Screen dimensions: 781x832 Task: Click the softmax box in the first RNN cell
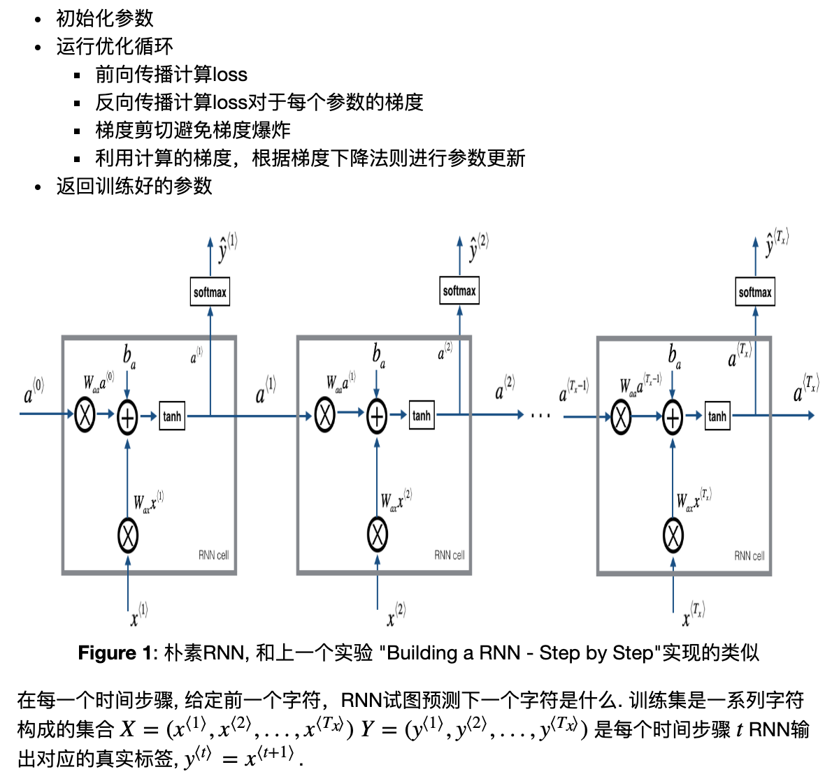(210, 292)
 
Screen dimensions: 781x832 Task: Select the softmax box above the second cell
(459, 291)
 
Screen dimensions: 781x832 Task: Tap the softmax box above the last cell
(755, 292)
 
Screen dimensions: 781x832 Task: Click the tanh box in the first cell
(172, 416)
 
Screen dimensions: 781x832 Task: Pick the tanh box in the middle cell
(422, 416)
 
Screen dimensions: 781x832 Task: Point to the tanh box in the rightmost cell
(717, 416)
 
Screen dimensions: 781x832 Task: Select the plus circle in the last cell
(672, 418)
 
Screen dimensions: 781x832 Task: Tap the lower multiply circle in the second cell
(378, 535)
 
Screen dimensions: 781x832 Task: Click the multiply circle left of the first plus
(85, 416)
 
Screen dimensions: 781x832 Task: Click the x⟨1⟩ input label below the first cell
(138, 614)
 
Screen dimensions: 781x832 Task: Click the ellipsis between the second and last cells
(540, 416)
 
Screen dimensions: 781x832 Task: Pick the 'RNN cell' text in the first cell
(213, 555)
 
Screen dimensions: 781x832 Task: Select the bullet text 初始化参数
(105, 19)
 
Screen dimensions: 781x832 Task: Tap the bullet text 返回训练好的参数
(134, 186)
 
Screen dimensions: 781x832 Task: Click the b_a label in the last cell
(674, 356)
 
